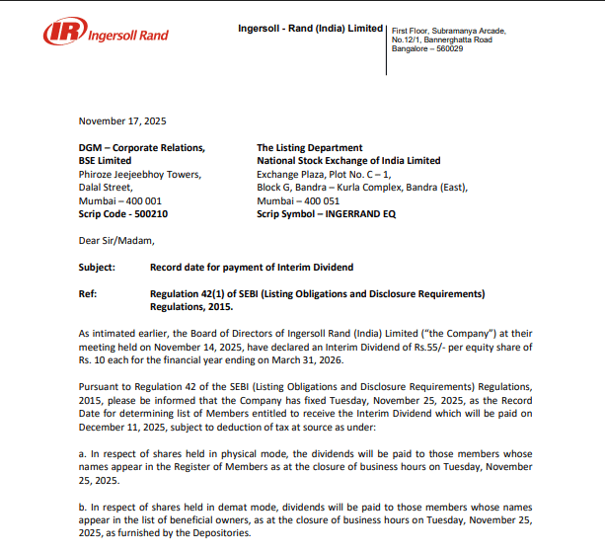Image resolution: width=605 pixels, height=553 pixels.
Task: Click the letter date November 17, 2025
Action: pyautogui.click(x=122, y=121)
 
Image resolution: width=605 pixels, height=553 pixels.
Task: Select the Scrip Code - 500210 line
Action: pyautogui.click(x=123, y=213)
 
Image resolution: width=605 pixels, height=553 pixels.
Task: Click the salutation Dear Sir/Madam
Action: pyautogui.click(x=116, y=240)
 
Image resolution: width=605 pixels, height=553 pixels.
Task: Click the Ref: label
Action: pyautogui.click(x=88, y=293)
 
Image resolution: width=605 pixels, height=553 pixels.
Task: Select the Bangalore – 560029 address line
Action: pyautogui.click(x=427, y=48)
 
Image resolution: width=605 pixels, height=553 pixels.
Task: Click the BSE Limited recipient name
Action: pyautogui.click(x=105, y=161)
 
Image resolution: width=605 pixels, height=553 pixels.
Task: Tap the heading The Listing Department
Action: pyautogui.click(x=309, y=148)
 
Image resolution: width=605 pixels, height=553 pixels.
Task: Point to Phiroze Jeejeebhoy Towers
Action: pyautogui.click(x=140, y=174)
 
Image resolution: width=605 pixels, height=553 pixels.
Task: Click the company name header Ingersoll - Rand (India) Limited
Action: pyautogui.click(x=310, y=28)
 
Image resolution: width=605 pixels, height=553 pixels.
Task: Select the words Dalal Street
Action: pyautogui.click(x=105, y=187)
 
